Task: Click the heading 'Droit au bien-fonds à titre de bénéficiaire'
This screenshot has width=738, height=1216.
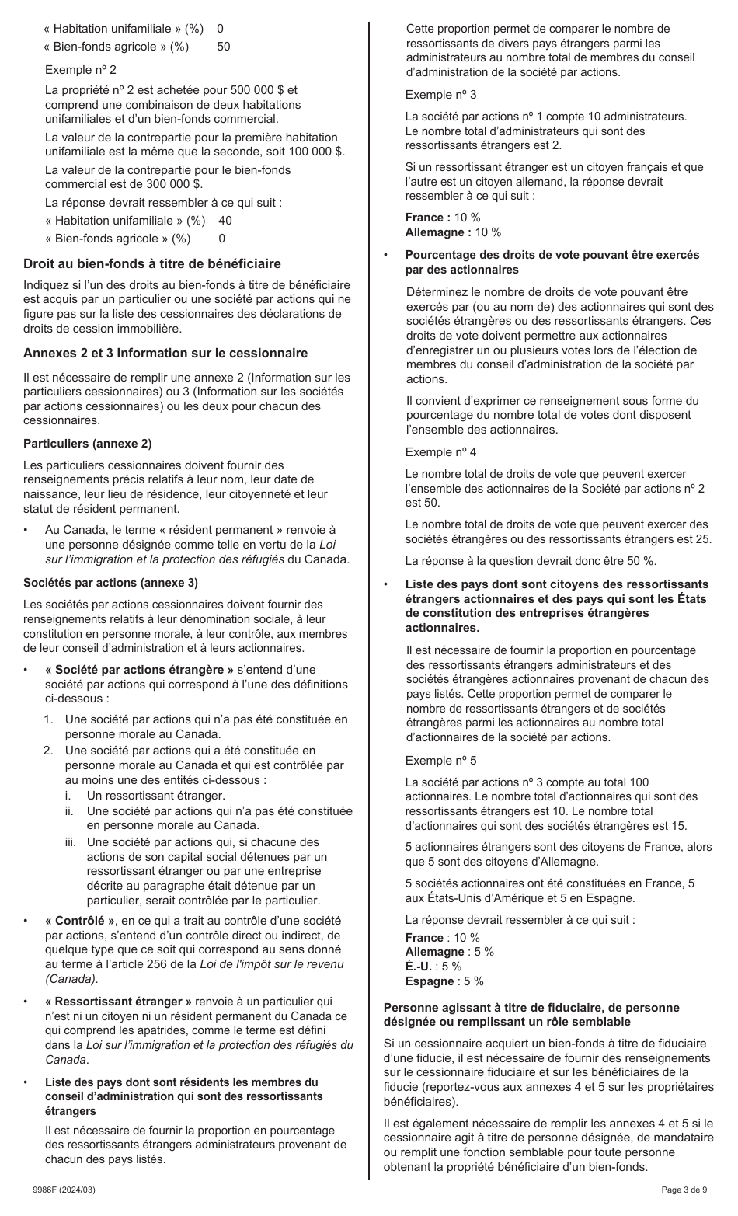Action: [x=152, y=264]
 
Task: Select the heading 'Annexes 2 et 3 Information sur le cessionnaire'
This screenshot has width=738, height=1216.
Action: [x=165, y=354]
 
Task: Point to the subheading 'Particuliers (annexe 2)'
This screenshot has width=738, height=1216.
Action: [x=87, y=444]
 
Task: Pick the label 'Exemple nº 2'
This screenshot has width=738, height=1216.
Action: [x=81, y=70]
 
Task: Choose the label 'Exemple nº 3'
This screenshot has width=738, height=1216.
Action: [x=441, y=95]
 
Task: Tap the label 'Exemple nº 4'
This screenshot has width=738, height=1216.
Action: [x=441, y=452]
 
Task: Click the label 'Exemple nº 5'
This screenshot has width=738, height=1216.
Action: [x=441, y=761]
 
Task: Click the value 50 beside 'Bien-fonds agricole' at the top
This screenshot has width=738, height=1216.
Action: [x=224, y=47]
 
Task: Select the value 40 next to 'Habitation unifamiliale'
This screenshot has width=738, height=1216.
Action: [x=225, y=221]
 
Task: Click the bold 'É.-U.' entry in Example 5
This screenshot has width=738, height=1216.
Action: [x=419, y=967]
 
